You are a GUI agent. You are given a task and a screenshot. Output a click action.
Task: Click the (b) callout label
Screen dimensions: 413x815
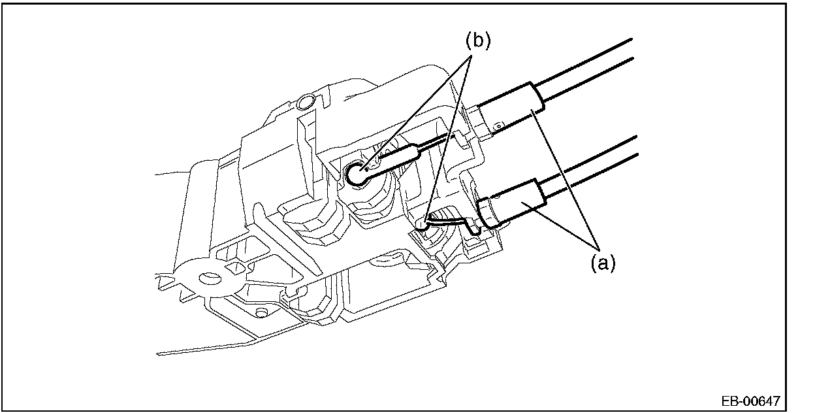(x=477, y=41)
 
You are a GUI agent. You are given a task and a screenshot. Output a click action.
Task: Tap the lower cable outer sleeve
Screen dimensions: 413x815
(x=516, y=203)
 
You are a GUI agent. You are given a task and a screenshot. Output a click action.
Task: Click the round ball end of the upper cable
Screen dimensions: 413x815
(x=357, y=173)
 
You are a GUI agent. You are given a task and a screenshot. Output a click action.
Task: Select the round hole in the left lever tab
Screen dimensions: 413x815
(x=210, y=279)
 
